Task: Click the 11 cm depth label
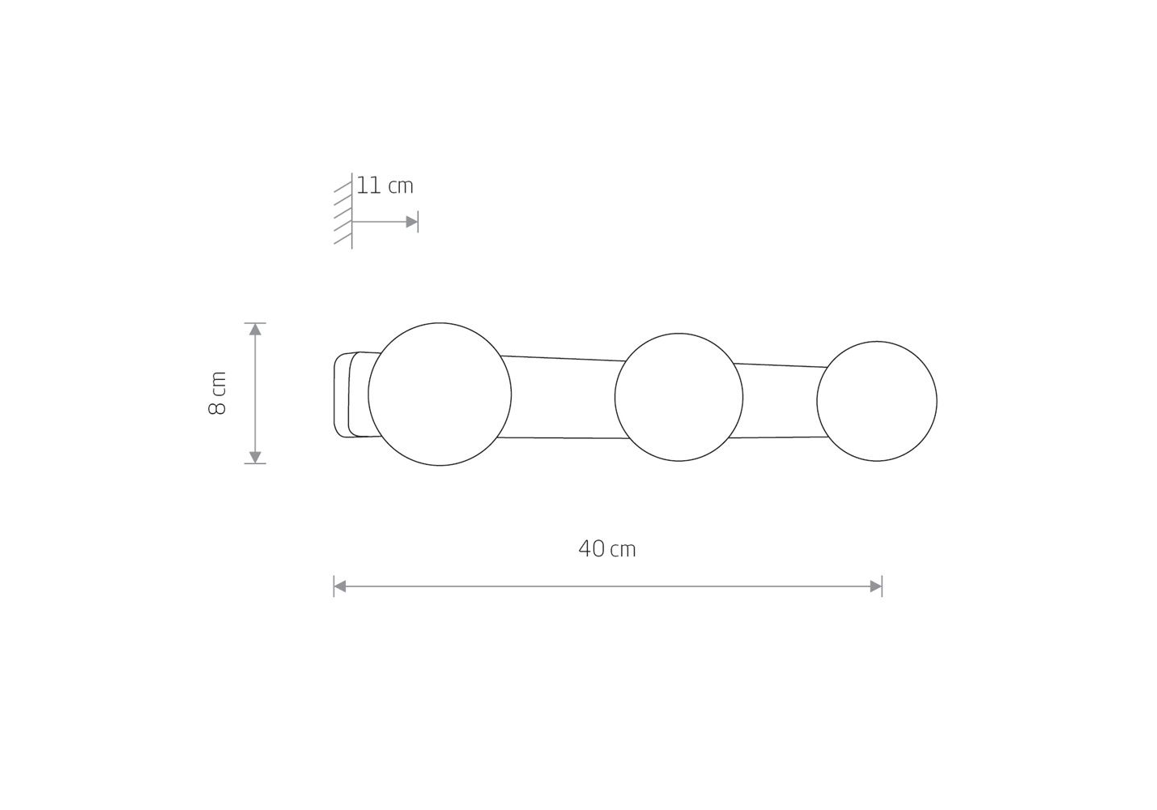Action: [385, 185]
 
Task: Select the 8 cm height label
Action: [218, 393]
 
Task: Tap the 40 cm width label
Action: [607, 548]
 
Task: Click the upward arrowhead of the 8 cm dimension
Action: [255, 329]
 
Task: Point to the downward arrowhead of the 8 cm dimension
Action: [255, 457]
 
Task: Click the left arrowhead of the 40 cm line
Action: [340, 586]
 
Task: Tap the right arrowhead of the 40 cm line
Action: [875, 586]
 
